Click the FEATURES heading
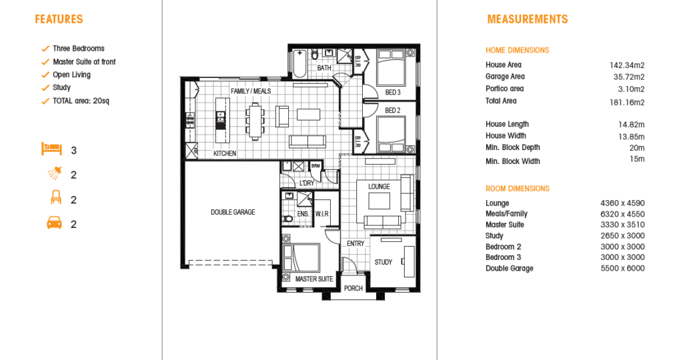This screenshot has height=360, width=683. pos(59,19)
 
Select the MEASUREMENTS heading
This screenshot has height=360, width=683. pos(528,19)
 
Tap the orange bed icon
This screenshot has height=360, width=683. pos(52,149)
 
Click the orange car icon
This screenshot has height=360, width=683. pos(55,223)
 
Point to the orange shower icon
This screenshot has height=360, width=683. pos(55,173)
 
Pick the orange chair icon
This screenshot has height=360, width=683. pos(56,197)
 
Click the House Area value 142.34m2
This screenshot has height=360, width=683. pos(627,66)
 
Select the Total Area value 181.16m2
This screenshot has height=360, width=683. pos(627,103)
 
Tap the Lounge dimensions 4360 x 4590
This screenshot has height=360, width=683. pos(622,203)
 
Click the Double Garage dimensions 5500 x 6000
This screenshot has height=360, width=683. pos(622,269)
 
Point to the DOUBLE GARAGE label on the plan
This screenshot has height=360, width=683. pos(233,213)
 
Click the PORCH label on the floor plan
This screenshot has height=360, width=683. pos(354,288)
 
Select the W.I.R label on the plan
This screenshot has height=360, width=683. pos(322,214)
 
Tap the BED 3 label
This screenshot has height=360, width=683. pos(393,92)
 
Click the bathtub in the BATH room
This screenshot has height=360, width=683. pos(299,63)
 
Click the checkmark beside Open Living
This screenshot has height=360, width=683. pos(45,75)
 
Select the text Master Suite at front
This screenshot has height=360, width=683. pos(84,62)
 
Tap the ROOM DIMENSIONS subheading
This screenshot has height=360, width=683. pos(518,189)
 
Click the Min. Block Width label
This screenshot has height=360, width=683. pos(513,161)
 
